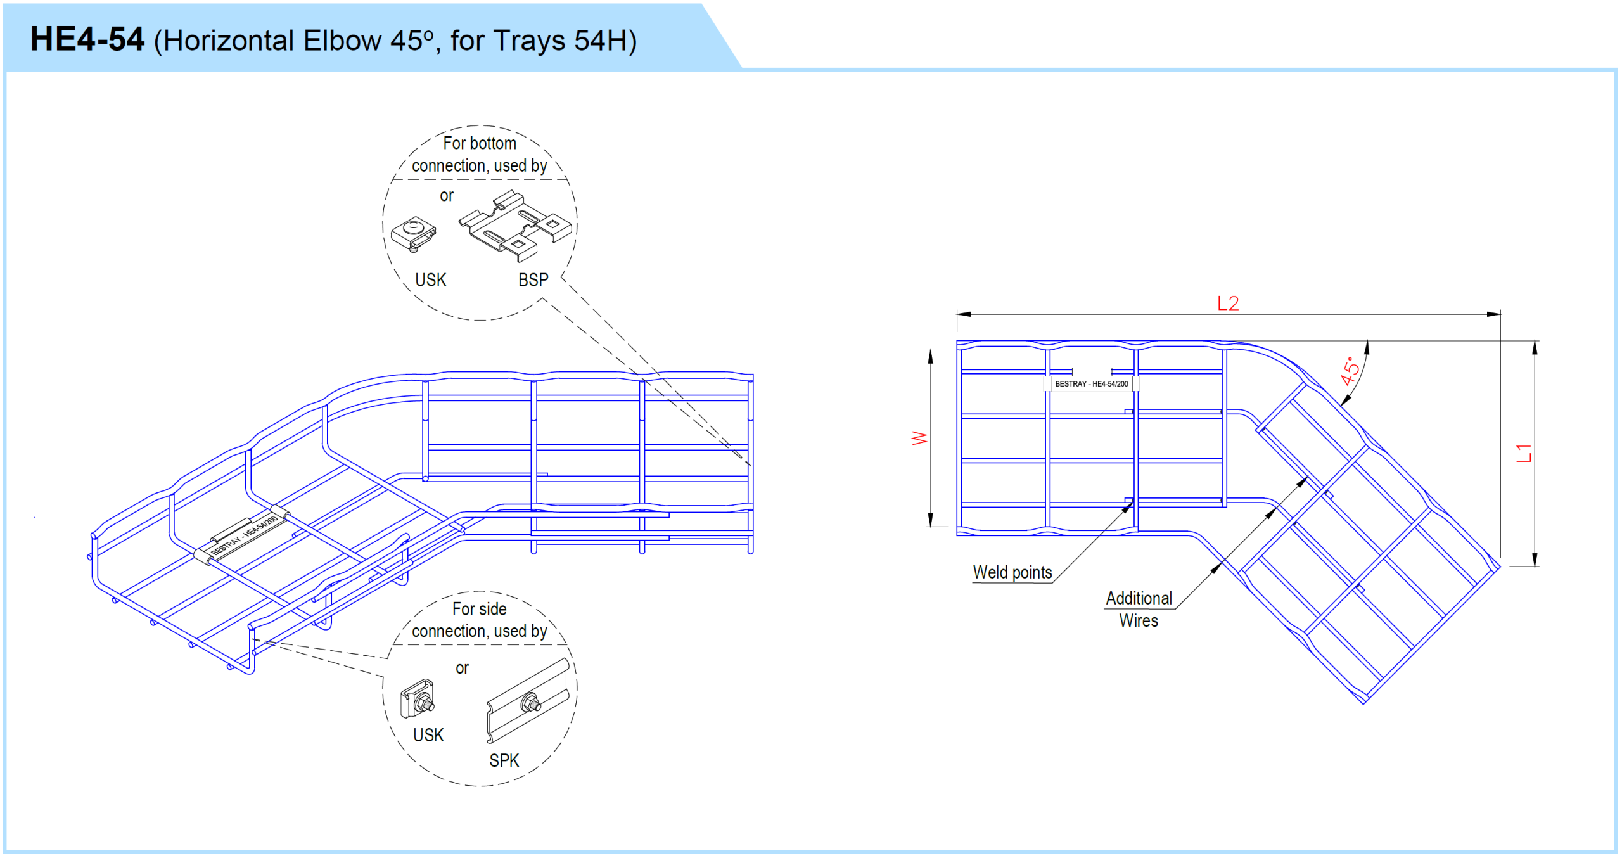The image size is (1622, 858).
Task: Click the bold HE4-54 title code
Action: click(87, 39)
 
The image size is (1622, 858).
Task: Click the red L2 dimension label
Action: click(1227, 304)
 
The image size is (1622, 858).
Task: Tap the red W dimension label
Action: click(919, 438)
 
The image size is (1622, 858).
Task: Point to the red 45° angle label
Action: click(1350, 371)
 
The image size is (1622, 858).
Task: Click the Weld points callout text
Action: click(1012, 572)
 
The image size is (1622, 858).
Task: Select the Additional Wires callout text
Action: click(1139, 609)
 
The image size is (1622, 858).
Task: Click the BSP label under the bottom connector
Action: click(533, 279)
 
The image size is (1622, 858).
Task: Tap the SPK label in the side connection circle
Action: click(504, 760)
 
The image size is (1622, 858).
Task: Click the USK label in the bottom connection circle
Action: click(430, 279)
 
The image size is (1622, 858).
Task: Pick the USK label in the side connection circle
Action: click(428, 734)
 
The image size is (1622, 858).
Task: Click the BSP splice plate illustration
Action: click(514, 226)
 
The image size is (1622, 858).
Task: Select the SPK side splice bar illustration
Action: click(528, 700)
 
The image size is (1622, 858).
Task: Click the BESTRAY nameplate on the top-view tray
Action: click(1091, 383)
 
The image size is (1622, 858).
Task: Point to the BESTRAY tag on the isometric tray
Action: click(244, 535)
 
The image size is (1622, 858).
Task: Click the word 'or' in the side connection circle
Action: click(462, 668)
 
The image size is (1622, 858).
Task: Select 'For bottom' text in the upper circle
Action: click(479, 143)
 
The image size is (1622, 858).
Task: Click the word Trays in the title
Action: click(528, 41)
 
